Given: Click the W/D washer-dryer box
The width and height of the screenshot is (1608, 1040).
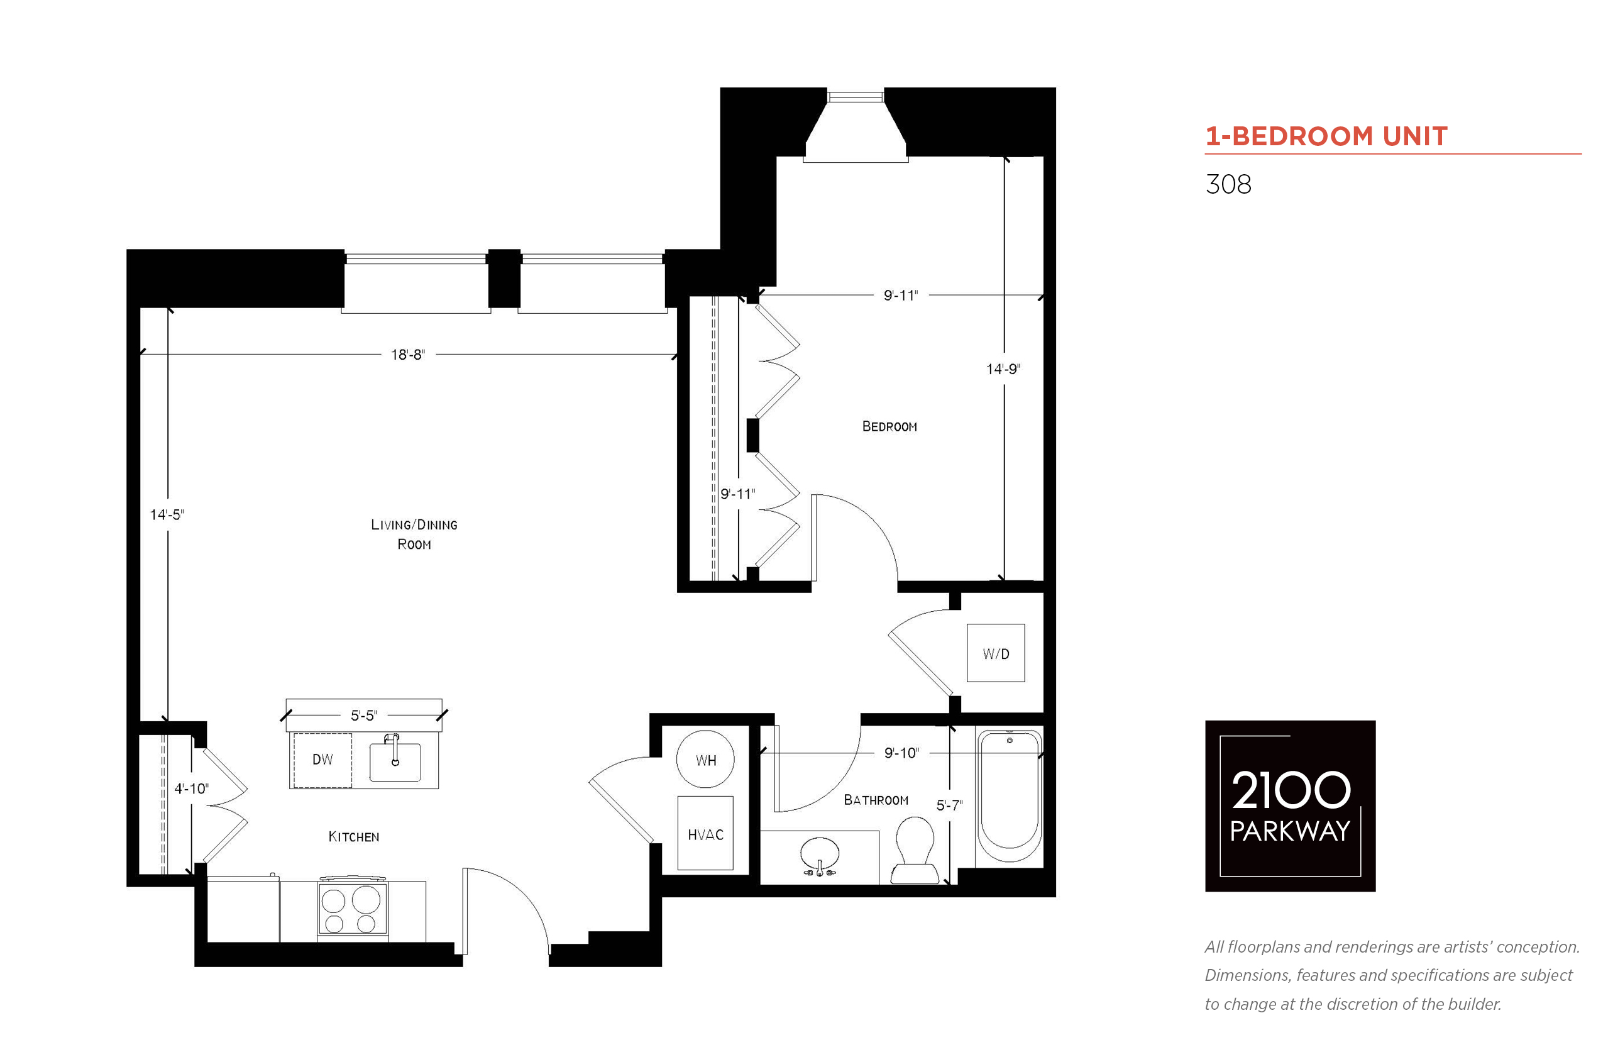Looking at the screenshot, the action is [x=996, y=653].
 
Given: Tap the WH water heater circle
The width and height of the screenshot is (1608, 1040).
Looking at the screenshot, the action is [x=705, y=759].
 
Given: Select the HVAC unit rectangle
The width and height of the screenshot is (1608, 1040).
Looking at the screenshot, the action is [x=705, y=833].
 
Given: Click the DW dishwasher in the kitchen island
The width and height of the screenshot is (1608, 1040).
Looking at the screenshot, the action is [x=322, y=760].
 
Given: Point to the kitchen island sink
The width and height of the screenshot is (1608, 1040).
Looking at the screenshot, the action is [x=395, y=761].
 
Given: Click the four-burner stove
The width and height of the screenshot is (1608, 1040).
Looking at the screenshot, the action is [x=353, y=906].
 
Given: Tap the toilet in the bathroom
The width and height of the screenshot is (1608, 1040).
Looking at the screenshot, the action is [x=915, y=849].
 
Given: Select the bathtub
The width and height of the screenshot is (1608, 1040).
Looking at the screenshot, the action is [x=1009, y=796].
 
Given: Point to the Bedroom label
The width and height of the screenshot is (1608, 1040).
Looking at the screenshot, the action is [x=889, y=426].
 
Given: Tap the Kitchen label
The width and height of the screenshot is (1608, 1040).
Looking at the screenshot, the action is [x=354, y=837].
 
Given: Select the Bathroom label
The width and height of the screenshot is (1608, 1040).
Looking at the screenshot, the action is [x=876, y=800].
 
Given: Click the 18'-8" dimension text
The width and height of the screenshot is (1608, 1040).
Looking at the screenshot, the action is [x=408, y=355].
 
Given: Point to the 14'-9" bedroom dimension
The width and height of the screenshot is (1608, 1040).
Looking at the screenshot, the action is [x=1003, y=368].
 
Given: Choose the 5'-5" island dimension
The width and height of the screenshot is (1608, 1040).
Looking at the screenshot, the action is [x=364, y=715].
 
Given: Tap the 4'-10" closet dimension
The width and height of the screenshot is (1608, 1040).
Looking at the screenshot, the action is [x=192, y=788].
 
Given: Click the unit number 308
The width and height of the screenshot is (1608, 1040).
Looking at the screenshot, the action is [x=1228, y=184].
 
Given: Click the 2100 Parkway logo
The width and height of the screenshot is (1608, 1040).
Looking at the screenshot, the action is [x=1290, y=805].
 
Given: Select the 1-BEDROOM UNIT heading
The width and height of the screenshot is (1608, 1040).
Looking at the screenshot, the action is [x=1326, y=136].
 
